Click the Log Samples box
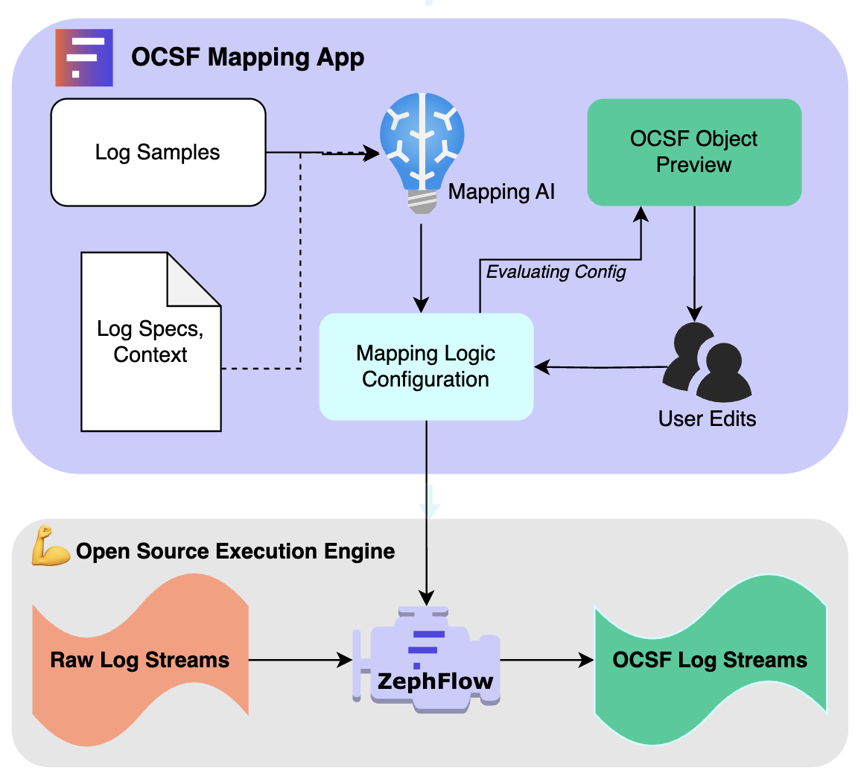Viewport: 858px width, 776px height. (x=158, y=153)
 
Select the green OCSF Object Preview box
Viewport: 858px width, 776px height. (x=694, y=152)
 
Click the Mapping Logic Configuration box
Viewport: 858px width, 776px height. (x=426, y=366)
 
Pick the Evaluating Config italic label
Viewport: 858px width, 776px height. (x=556, y=272)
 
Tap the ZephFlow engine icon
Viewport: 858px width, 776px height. (x=426, y=660)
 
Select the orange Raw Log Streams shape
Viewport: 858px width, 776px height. (x=140, y=660)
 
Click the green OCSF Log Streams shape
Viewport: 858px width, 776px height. (x=710, y=660)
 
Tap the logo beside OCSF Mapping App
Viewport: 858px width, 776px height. (x=84, y=57)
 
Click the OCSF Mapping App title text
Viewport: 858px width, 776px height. (x=248, y=57)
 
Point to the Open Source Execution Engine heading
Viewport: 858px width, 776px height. (x=235, y=551)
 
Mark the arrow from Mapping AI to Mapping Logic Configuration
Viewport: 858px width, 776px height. (x=422, y=268)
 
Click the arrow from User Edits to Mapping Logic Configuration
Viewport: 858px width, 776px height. (x=600, y=366)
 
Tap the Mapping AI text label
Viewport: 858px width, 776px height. (x=501, y=191)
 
